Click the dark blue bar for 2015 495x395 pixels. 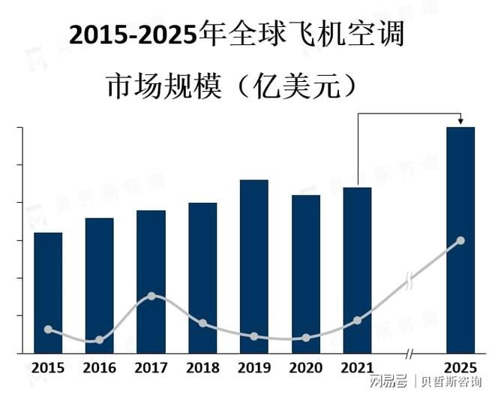pyautogui.click(x=48, y=293)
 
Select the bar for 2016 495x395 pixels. pyautogui.click(x=100, y=285)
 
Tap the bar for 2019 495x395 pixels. pyautogui.click(x=254, y=266)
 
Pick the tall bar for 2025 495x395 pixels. pyautogui.click(x=460, y=240)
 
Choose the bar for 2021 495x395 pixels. pyautogui.click(x=357, y=270)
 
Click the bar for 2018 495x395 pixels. pyautogui.click(x=202, y=278)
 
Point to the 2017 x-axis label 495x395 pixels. pyautogui.click(x=151, y=368)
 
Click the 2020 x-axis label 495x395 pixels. pyautogui.click(x=305, y=368)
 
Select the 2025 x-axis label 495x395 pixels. pyautogui.click(x=460, y=368)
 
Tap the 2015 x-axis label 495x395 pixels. pyautogui.click(x=48, y=368)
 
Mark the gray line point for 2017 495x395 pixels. pyautogui.click(x=151, y=296)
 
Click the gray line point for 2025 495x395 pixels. pyautogui.click(x=460, y=240)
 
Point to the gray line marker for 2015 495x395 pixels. pyautogui.click(x=49, y=329)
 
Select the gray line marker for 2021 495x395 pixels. pyautogui.click(x=357, y=321)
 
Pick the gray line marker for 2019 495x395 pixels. pyautogui.click(x=254, y=336)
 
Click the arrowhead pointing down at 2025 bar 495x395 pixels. pyautogui.click(x=460, y=122)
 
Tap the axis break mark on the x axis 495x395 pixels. pyautogui.click(x=409, y=353)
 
